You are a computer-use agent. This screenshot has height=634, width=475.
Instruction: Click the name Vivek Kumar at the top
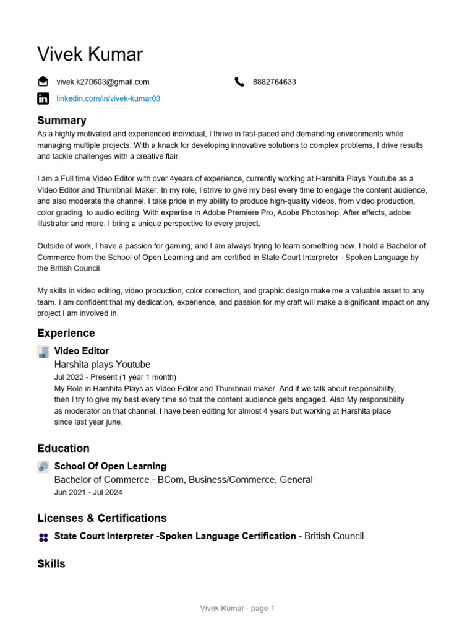[90, 54]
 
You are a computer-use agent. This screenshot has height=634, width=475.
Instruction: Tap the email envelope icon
[43, 81]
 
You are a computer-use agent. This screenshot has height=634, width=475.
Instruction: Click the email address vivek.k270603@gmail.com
[103, 82]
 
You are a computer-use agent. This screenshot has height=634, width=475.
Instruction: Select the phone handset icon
[240, 82]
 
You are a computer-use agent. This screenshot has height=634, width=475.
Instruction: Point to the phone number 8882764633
[274, 82]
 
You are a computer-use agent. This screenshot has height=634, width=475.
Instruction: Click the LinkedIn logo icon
[43, 98]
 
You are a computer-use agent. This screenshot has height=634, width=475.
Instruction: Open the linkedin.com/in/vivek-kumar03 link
[108, 98]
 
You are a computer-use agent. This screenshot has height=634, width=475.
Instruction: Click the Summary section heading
[62, 121]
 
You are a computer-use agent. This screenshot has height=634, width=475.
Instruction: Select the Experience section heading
[66, 333]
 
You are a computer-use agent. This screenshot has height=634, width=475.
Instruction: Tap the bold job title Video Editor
[82, 351]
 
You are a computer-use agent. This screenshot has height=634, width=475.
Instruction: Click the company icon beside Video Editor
[43, 352]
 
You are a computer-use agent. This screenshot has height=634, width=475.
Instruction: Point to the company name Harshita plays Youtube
[102, 365]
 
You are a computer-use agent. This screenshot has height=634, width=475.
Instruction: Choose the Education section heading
[63, 448]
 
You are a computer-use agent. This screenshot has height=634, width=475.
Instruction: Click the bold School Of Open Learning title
[110, 466]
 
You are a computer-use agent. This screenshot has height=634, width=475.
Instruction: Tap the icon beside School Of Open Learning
[43, 467]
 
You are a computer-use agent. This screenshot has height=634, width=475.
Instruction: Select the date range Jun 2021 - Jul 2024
[88, 493]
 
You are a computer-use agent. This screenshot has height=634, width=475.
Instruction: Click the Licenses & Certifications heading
[102, 518]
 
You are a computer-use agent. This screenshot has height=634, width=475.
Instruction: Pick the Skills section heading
[51, 564]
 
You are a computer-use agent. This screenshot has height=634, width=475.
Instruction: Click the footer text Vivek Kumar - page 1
[237, 609]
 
